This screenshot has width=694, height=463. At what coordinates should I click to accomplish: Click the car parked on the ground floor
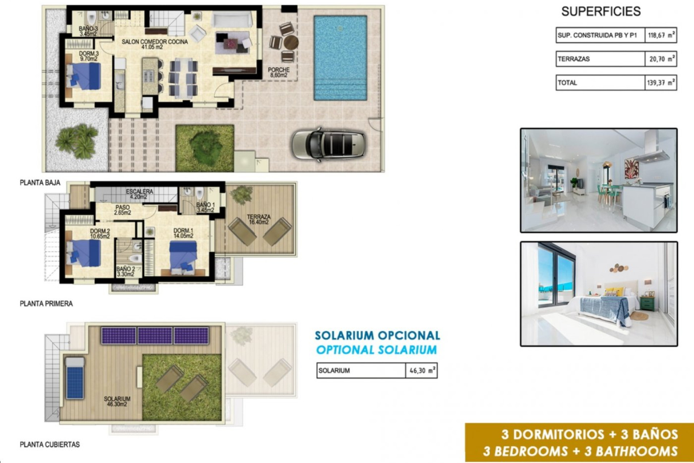pos(328,144)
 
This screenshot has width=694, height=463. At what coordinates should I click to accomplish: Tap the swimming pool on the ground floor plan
pos(340,58)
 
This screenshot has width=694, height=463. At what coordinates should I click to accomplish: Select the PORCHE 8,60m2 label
pos(279,72)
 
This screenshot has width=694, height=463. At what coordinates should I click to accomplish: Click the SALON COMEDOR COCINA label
pos(154,44)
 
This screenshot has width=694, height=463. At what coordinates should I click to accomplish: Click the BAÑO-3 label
pos(88,31)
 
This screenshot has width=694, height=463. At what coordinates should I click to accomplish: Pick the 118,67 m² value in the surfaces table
pos(660,35)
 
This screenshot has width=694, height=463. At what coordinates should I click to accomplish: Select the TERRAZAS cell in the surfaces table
pos(600,59)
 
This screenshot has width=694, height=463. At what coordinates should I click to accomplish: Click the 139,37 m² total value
pos(660,83)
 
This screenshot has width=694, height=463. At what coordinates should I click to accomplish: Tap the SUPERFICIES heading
pos(601,12)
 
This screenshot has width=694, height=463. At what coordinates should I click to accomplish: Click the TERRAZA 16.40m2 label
pos(258,220)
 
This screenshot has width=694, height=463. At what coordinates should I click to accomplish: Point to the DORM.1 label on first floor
pos(183,233)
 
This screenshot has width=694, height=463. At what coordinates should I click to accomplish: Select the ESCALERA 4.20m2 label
pos(139,194)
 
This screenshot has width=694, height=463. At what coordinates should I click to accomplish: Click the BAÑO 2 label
pos(125,272)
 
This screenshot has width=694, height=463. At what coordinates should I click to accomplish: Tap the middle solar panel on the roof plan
pos(155,335)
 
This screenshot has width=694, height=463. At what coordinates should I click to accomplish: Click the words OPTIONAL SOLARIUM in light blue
pos(376,350)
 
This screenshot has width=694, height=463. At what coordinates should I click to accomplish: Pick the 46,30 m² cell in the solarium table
pos(421,371)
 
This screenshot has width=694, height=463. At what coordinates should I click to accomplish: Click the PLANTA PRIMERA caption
pos(46,304)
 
